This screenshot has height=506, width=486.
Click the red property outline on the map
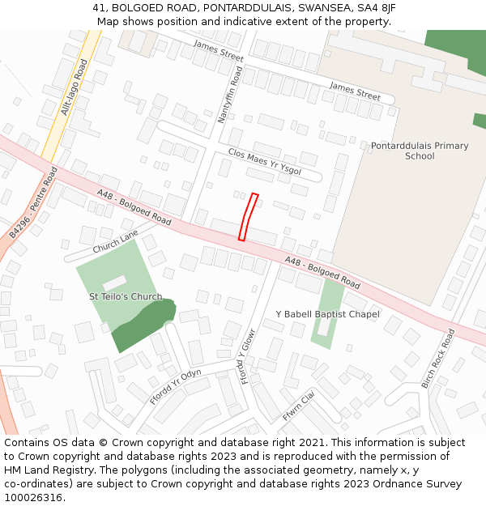[x=248, y=217]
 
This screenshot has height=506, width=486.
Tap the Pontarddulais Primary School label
[x=420, y=151]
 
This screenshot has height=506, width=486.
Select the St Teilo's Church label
[x=126, y=297]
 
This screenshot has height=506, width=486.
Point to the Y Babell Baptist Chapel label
[x=327, y=314]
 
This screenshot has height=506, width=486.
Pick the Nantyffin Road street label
[x=231, y=95]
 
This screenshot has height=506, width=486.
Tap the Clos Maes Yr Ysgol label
[x=265, y=161]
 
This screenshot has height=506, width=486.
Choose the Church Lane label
[x=116, y=241]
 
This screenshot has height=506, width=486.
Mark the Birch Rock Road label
[x=438, y=358]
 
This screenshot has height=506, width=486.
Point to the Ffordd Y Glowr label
[x=248, y=356]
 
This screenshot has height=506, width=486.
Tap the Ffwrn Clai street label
[x=298, y=406]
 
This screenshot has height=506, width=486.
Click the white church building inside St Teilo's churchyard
[x=115, y=283]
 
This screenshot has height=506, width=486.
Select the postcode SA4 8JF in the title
[x=378, y=8]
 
